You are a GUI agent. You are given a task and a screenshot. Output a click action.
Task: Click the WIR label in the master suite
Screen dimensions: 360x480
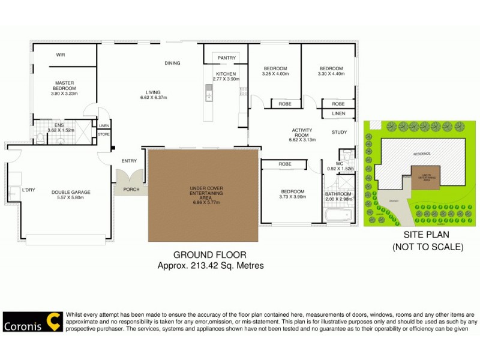(61, 55)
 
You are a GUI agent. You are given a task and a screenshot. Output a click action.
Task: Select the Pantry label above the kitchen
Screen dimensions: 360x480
(227, 58)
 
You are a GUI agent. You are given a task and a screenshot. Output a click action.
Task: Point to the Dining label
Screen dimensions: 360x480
(173, 63)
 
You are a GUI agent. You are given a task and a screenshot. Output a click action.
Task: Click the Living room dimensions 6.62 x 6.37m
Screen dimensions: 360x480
(153, 98)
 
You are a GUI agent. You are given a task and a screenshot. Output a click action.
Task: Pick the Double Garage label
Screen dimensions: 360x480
(71, 192)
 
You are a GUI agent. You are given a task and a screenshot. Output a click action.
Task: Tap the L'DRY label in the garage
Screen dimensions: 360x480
(29, 190)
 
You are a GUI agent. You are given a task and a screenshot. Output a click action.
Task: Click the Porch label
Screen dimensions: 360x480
(131, 190)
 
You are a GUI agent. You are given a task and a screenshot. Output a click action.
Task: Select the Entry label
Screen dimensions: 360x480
(129, 161)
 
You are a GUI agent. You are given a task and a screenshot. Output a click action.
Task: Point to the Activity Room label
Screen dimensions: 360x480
(302, 133)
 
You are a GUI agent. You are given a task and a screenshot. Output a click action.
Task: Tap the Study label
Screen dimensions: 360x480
(339, 132)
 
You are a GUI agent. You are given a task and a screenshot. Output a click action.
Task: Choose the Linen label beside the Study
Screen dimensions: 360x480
(338, 113)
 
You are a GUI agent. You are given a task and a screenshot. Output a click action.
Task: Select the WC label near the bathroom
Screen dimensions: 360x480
(339, 163)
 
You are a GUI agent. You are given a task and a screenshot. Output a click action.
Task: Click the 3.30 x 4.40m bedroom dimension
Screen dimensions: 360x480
(331, 74)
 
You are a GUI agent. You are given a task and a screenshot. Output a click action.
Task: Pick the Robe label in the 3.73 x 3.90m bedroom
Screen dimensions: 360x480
(285, 164)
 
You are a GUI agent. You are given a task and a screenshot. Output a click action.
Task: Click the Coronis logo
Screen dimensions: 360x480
(31, 322)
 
